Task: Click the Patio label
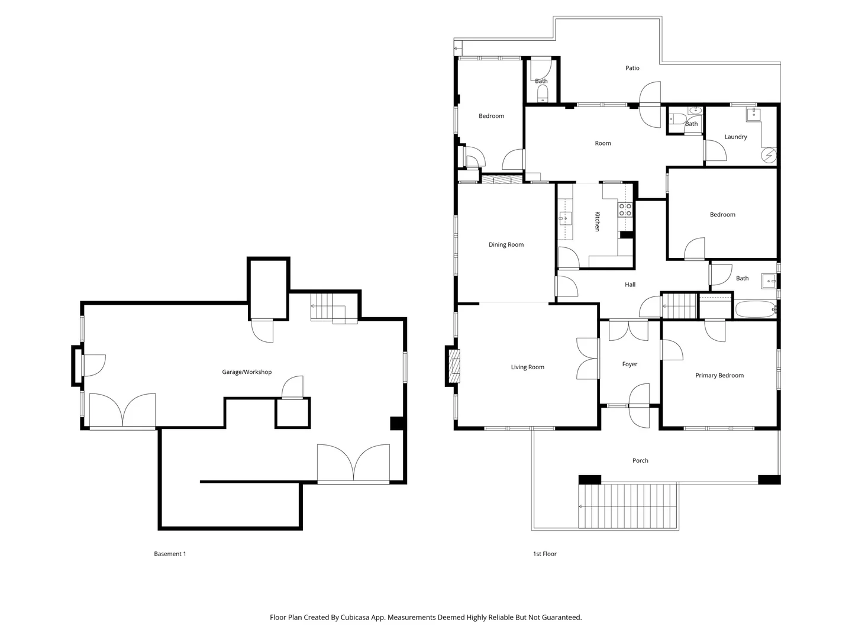632,68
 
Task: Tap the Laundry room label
735,137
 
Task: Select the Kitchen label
597,221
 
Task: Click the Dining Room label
506,244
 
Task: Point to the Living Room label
527,367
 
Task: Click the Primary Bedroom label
719,375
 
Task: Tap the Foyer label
630,364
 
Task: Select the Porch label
640,460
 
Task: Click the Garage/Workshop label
247,372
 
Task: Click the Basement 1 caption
170,554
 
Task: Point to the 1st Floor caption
544,554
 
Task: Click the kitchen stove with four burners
625,209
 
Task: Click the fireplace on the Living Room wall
454,367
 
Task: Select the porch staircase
628,506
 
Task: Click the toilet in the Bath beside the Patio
542,93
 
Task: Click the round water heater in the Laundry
769,155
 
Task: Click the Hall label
630,285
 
